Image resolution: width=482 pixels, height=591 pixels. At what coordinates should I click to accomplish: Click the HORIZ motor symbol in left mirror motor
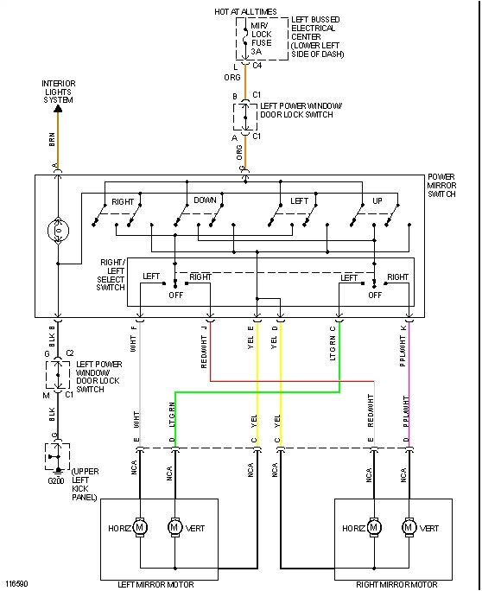click(x=141, y=526)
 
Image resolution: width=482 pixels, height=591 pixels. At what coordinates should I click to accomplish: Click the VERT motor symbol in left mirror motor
click(x=174, y=526)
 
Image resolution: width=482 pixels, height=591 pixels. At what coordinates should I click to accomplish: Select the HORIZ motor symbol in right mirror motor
click(x=374, y=526)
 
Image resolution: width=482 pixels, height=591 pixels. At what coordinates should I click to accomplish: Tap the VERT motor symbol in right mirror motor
click(x=408, y=526)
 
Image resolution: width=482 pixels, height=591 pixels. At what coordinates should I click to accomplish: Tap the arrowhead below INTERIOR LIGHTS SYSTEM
click(x=57, y=109)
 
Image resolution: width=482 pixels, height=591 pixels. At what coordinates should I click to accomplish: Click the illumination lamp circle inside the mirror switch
click(x=58, y=232)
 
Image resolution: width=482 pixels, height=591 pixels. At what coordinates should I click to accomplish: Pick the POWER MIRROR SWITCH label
click(x=447, y=186)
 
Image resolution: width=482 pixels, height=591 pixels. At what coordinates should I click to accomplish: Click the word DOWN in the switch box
click(x=205, y=200)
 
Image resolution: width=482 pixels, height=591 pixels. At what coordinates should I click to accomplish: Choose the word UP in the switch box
click(x=377, y=200)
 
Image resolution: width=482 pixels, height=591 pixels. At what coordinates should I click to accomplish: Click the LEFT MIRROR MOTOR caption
click(x=159, y=584)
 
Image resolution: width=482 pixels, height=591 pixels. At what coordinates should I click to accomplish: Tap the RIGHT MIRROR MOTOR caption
click(x=393, y=584)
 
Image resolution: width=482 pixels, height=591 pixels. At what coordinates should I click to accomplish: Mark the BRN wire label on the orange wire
click(x=52, y=137)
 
